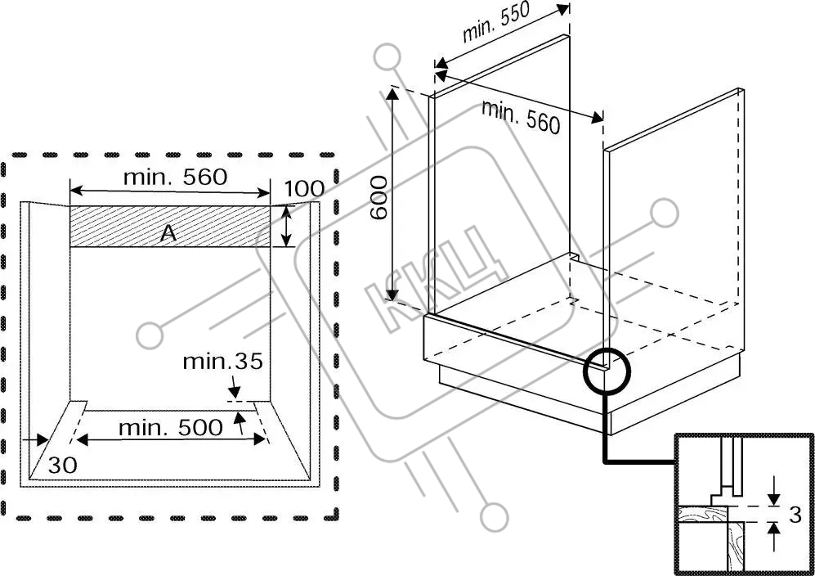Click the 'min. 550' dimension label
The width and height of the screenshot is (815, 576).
click(x=496, y=24)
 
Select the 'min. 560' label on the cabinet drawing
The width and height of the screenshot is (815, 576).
click(x=521, y=115)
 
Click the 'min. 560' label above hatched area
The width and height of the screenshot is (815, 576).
click(x=175, y=176)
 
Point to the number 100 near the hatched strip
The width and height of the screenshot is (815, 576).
click(x=304, y=189)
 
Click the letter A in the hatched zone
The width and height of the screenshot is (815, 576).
click(x=168, y=233)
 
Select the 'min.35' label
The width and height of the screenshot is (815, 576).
click(x=222, y=361)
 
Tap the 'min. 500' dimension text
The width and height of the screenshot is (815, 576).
click(x=170, y=427)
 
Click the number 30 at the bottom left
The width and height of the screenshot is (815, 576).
click(x=62, y=465)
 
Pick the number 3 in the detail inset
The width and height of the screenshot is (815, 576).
click(x=794, y=515)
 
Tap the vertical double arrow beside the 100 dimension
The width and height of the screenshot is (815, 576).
click(x=286, y=227)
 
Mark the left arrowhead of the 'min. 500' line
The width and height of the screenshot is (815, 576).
click(x=83, y=439)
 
